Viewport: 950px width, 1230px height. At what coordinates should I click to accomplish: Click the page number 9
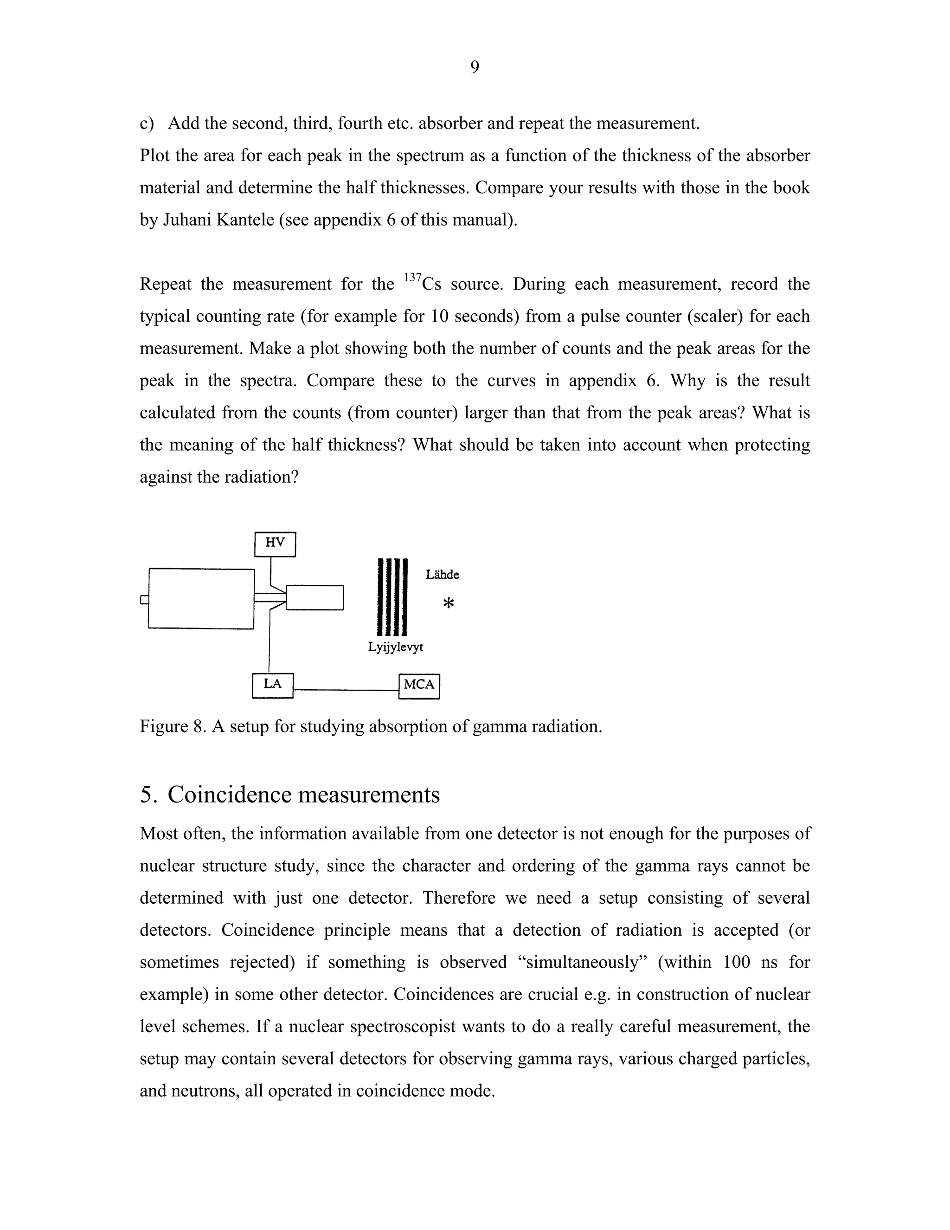tap(475, 68)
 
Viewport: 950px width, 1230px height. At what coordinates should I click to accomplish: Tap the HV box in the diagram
tap(275, 544)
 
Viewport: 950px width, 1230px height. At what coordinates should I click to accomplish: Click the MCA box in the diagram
tap(419, 686)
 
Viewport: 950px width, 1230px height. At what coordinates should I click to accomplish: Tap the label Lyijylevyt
tap(395, 647)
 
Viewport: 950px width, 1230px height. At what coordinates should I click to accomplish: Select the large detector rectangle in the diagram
tap(201, 598)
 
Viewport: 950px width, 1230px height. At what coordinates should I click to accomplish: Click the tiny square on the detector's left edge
tap(144, 600)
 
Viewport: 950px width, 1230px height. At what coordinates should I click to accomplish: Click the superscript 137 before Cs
tap(412, 277)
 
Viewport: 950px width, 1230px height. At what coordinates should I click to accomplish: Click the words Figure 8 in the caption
tap(171, 726)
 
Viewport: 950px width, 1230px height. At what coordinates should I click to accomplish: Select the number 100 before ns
tap(736, 963)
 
